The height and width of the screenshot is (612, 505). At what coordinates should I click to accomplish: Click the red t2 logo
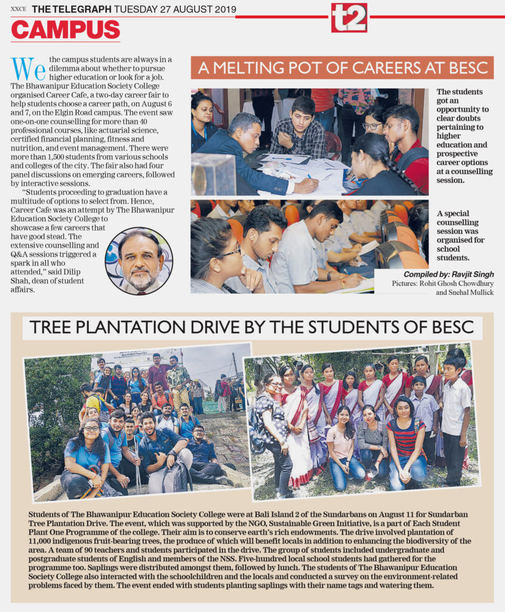(349, 17)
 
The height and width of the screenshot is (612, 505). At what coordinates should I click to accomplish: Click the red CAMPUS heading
(66, 29)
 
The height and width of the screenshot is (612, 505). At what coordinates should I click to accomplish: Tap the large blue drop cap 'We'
(28, 69)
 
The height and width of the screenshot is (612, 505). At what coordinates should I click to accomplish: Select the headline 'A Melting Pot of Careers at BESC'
(343, 68)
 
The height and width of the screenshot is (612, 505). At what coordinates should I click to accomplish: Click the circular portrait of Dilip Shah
(138, 261)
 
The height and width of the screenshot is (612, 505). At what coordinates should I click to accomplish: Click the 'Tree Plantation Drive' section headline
(252, 328)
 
